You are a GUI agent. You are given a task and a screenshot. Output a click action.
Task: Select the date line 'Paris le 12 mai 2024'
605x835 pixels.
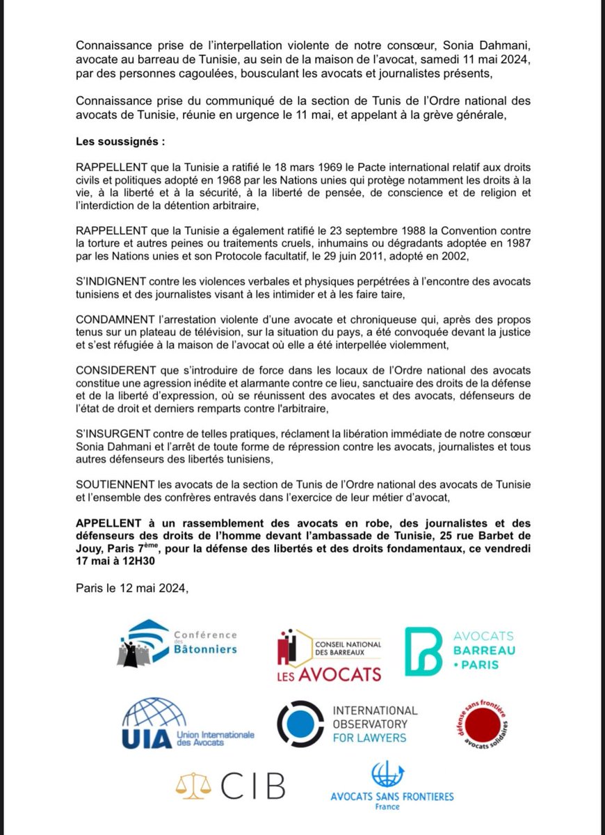[133, 589]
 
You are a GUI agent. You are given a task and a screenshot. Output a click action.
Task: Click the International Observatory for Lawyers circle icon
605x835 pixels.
[300, 724]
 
